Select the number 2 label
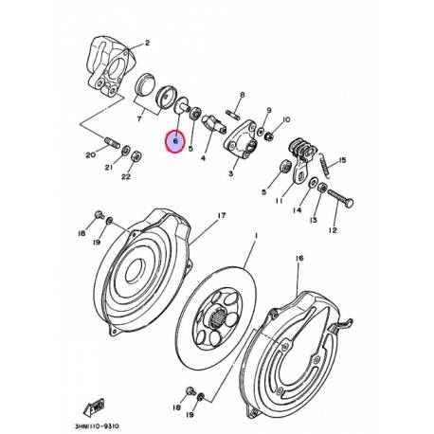pyautogui.click(x=147, y=44)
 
